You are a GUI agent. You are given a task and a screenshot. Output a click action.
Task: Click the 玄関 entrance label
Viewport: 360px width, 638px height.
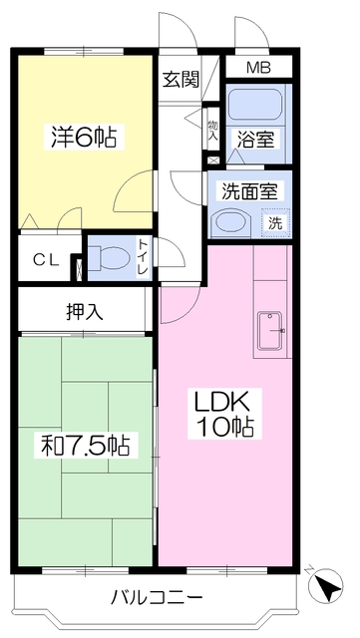[x=181, y=80]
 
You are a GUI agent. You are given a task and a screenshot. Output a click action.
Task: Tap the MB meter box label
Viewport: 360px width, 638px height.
[x=258, y=68]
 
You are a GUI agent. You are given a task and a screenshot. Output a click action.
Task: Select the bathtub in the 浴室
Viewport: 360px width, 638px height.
[x=255, y=105]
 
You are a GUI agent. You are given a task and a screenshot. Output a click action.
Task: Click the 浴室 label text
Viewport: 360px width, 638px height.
[x=256, y=140]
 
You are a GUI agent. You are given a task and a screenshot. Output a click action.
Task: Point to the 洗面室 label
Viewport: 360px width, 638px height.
[x=249, y=191]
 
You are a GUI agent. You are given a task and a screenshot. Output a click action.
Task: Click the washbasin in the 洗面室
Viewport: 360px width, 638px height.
[x=230, y=222]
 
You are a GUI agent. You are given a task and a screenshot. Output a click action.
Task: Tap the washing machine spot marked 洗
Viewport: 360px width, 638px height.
[x=275, y=223]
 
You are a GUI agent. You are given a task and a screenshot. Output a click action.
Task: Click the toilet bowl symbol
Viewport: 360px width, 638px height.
[x=109, y=258]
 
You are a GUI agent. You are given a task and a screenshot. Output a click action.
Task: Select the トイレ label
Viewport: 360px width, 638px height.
[x=143, y=258]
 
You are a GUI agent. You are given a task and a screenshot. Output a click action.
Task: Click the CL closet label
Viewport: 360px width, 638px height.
[x=46, y=259]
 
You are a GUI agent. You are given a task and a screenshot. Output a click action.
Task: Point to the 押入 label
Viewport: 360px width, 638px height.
[x=85, y=312]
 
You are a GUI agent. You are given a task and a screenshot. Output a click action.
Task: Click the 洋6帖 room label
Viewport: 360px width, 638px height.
[x=84, y=137]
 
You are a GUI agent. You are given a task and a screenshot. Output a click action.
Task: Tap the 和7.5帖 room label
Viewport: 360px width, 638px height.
[x=86, y=446]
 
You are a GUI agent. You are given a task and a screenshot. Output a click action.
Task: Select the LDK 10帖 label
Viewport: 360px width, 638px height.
[x=221, y=414]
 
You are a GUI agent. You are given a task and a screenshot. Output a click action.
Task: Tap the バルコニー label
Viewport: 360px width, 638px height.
[x=157, y=598]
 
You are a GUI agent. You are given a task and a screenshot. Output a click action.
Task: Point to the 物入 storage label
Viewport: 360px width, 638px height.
[x=212, y=130]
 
